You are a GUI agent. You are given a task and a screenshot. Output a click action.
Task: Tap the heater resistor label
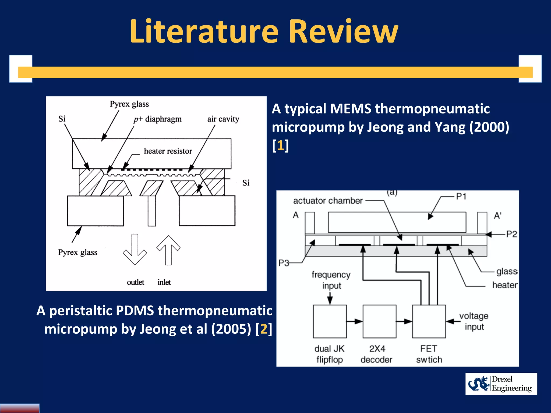click(168, 151)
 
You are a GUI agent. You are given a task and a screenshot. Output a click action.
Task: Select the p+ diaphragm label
click(158, 119)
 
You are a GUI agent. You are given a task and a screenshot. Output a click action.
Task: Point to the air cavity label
click(223, 119)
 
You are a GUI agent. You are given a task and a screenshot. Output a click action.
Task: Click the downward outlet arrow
click(135, 249)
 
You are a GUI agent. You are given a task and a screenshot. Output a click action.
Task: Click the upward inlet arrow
click(168, 250)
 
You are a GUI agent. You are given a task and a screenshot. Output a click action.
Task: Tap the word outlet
click(135, 282)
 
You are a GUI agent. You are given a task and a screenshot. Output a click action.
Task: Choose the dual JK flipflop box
click(330, 321)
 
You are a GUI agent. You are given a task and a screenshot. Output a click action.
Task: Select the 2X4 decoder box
click(379, 321)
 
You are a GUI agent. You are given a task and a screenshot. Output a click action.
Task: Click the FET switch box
click(429, 321)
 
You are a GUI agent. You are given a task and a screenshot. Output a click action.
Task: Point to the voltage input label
click(474, 321)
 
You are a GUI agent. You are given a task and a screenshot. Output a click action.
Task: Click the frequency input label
click(331, 280)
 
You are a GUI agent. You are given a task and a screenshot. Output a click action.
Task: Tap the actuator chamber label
click(328, 201)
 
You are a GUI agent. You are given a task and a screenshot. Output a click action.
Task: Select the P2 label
click(511, 234)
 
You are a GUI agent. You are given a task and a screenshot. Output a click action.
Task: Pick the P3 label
click(284, 263)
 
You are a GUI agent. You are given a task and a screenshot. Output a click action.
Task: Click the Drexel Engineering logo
click(501, 384)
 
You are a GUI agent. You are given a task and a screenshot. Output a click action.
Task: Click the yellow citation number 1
click(280, 145)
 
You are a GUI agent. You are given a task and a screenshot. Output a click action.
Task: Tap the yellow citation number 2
click(264, 329)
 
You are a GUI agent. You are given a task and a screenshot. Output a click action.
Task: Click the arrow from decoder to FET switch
click(404, 321)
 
